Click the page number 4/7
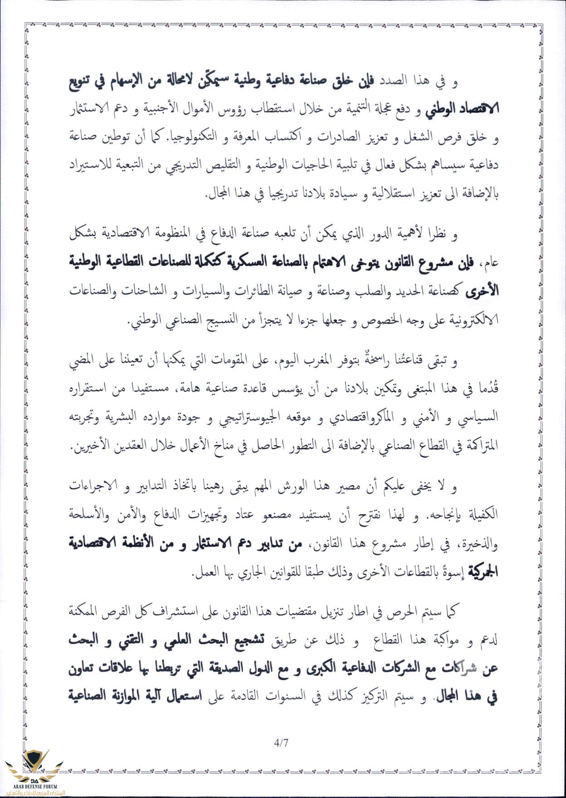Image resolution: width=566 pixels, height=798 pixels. tap(281, 743)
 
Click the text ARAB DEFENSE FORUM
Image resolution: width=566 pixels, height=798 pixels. tap(34, 787)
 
